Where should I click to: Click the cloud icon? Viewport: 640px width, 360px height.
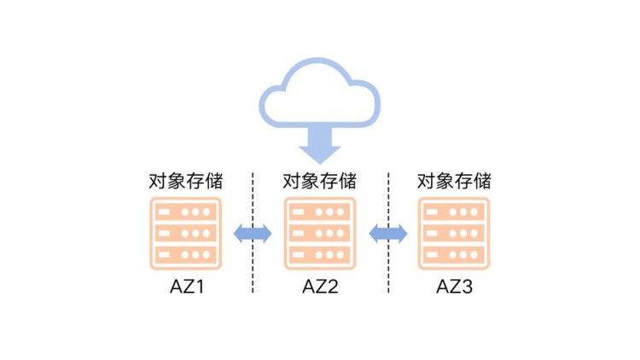pyautogui.click(x=319, y=94)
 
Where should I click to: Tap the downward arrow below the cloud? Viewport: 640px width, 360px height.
pyautogui.click(x=319, y=146)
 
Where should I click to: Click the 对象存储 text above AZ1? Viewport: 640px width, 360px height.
pyautogui.click(x=185, y=181)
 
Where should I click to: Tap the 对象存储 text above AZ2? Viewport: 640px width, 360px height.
pyautogui.click(x=320, y=181)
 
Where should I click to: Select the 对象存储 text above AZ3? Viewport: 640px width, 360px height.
pyautogui.click(x=453, y=181)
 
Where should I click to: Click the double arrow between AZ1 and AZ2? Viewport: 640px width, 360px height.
pyautogui.click(x=253, y=233)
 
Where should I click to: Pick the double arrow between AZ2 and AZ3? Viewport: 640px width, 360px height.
pyautogui.click(x=387, y=233)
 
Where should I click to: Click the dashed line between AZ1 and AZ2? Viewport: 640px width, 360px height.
pyautogui.click(x=253, y=264)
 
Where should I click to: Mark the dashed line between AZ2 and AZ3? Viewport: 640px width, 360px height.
pyautogui.click(x=387, y=264)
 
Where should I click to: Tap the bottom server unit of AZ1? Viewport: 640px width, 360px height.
pyautogui.click(x=185, y=254)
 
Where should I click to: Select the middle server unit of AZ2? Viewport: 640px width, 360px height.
pyautogui.click(x=320, y=233)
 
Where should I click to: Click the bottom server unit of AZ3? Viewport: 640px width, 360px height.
pyautogui.click(x=453, y=254)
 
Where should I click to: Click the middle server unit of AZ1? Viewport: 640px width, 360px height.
pyautogui.click(x=185, y=233)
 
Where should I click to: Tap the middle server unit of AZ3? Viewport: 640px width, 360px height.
pyautogui.click(x=453, y=233)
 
